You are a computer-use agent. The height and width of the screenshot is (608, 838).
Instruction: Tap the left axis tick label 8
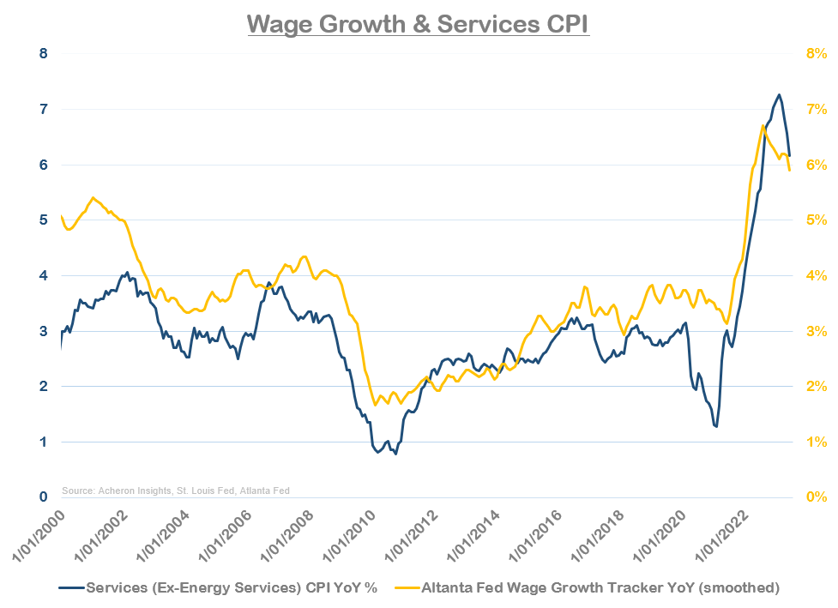(x=45, y=53)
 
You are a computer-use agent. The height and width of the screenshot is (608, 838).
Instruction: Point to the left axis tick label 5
(x=45, y=220)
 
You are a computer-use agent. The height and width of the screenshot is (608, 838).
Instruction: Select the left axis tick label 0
(x=45, y=497)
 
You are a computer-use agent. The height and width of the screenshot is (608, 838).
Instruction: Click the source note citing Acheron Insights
(x=176, y=491)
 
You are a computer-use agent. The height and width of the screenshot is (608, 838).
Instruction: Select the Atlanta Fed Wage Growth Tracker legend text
(x=600, y=587)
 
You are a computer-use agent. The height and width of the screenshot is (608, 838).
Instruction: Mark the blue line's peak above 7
(x=779, y=95)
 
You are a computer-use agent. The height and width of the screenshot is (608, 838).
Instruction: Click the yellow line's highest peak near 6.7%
(x=763, y=126)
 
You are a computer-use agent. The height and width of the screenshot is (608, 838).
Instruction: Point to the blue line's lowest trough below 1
(x=395, y=453)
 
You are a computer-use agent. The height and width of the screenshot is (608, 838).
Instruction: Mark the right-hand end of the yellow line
(x=789, y=170)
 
